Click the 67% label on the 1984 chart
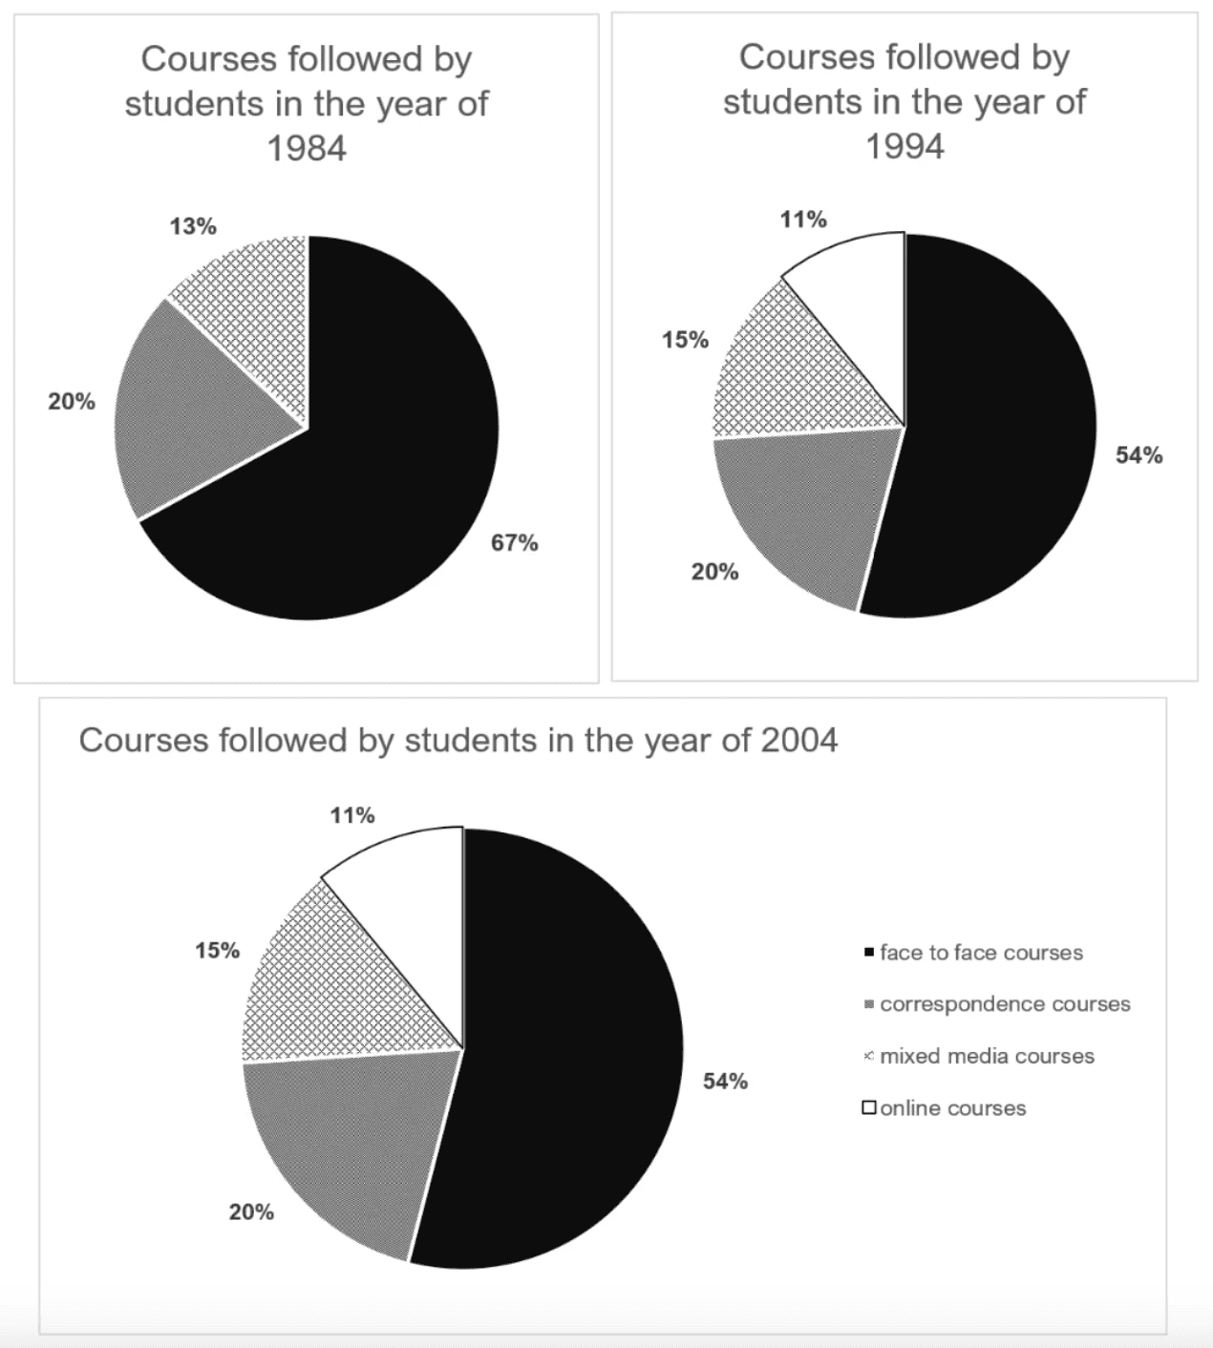click(x=514, y=543)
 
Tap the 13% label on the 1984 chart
click(x=193, y=226)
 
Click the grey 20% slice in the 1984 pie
click(x=191, y=411)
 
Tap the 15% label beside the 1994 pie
click(x=685, y=340)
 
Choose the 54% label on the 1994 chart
click(x=1139, y=455)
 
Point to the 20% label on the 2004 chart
click(x=251, y=1212)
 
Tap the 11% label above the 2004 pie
click(x=352, y=815)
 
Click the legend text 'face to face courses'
click(x=981, y=953)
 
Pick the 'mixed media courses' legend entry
click(x=987, y=1057)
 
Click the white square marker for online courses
click(x=869, y=1108)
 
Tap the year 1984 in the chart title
click(x=306, y=148)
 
